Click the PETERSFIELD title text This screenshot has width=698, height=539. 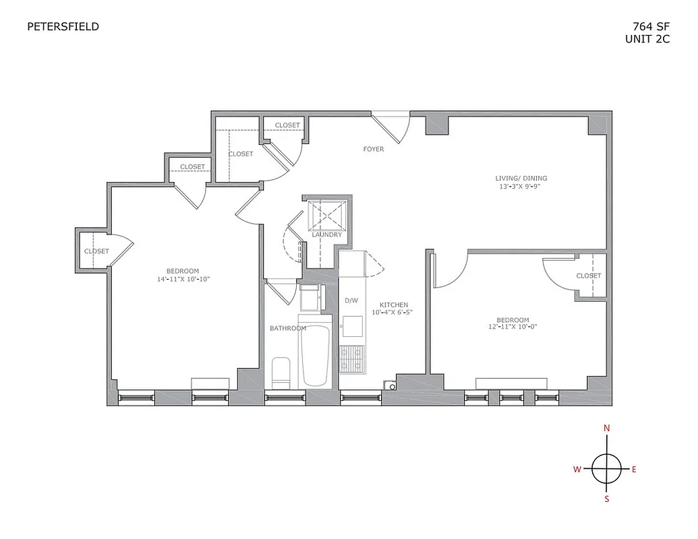click(x=63, y=27)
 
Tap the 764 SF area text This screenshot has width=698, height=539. click(x=651, y=27)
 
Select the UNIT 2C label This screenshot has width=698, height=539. click(x=647, y=39)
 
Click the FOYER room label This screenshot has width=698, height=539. click(x=373, y=149)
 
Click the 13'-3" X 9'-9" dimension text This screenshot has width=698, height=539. click(x=517, y=187)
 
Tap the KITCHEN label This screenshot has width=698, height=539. click(x=393, y=305)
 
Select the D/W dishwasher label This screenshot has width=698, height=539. click(x=351, y=300)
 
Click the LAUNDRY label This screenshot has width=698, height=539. click(x=327, y=234)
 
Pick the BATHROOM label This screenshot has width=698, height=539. click(x=288, y=328)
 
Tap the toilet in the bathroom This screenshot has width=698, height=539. click(x=280, y=373)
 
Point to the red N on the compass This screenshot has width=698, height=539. click(x=606, y=428)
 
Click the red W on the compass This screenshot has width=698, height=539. click(x=577, y=470)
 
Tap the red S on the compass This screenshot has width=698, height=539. click(x=606, y=499)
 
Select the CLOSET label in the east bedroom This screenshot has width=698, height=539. click(x=588, y=276)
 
